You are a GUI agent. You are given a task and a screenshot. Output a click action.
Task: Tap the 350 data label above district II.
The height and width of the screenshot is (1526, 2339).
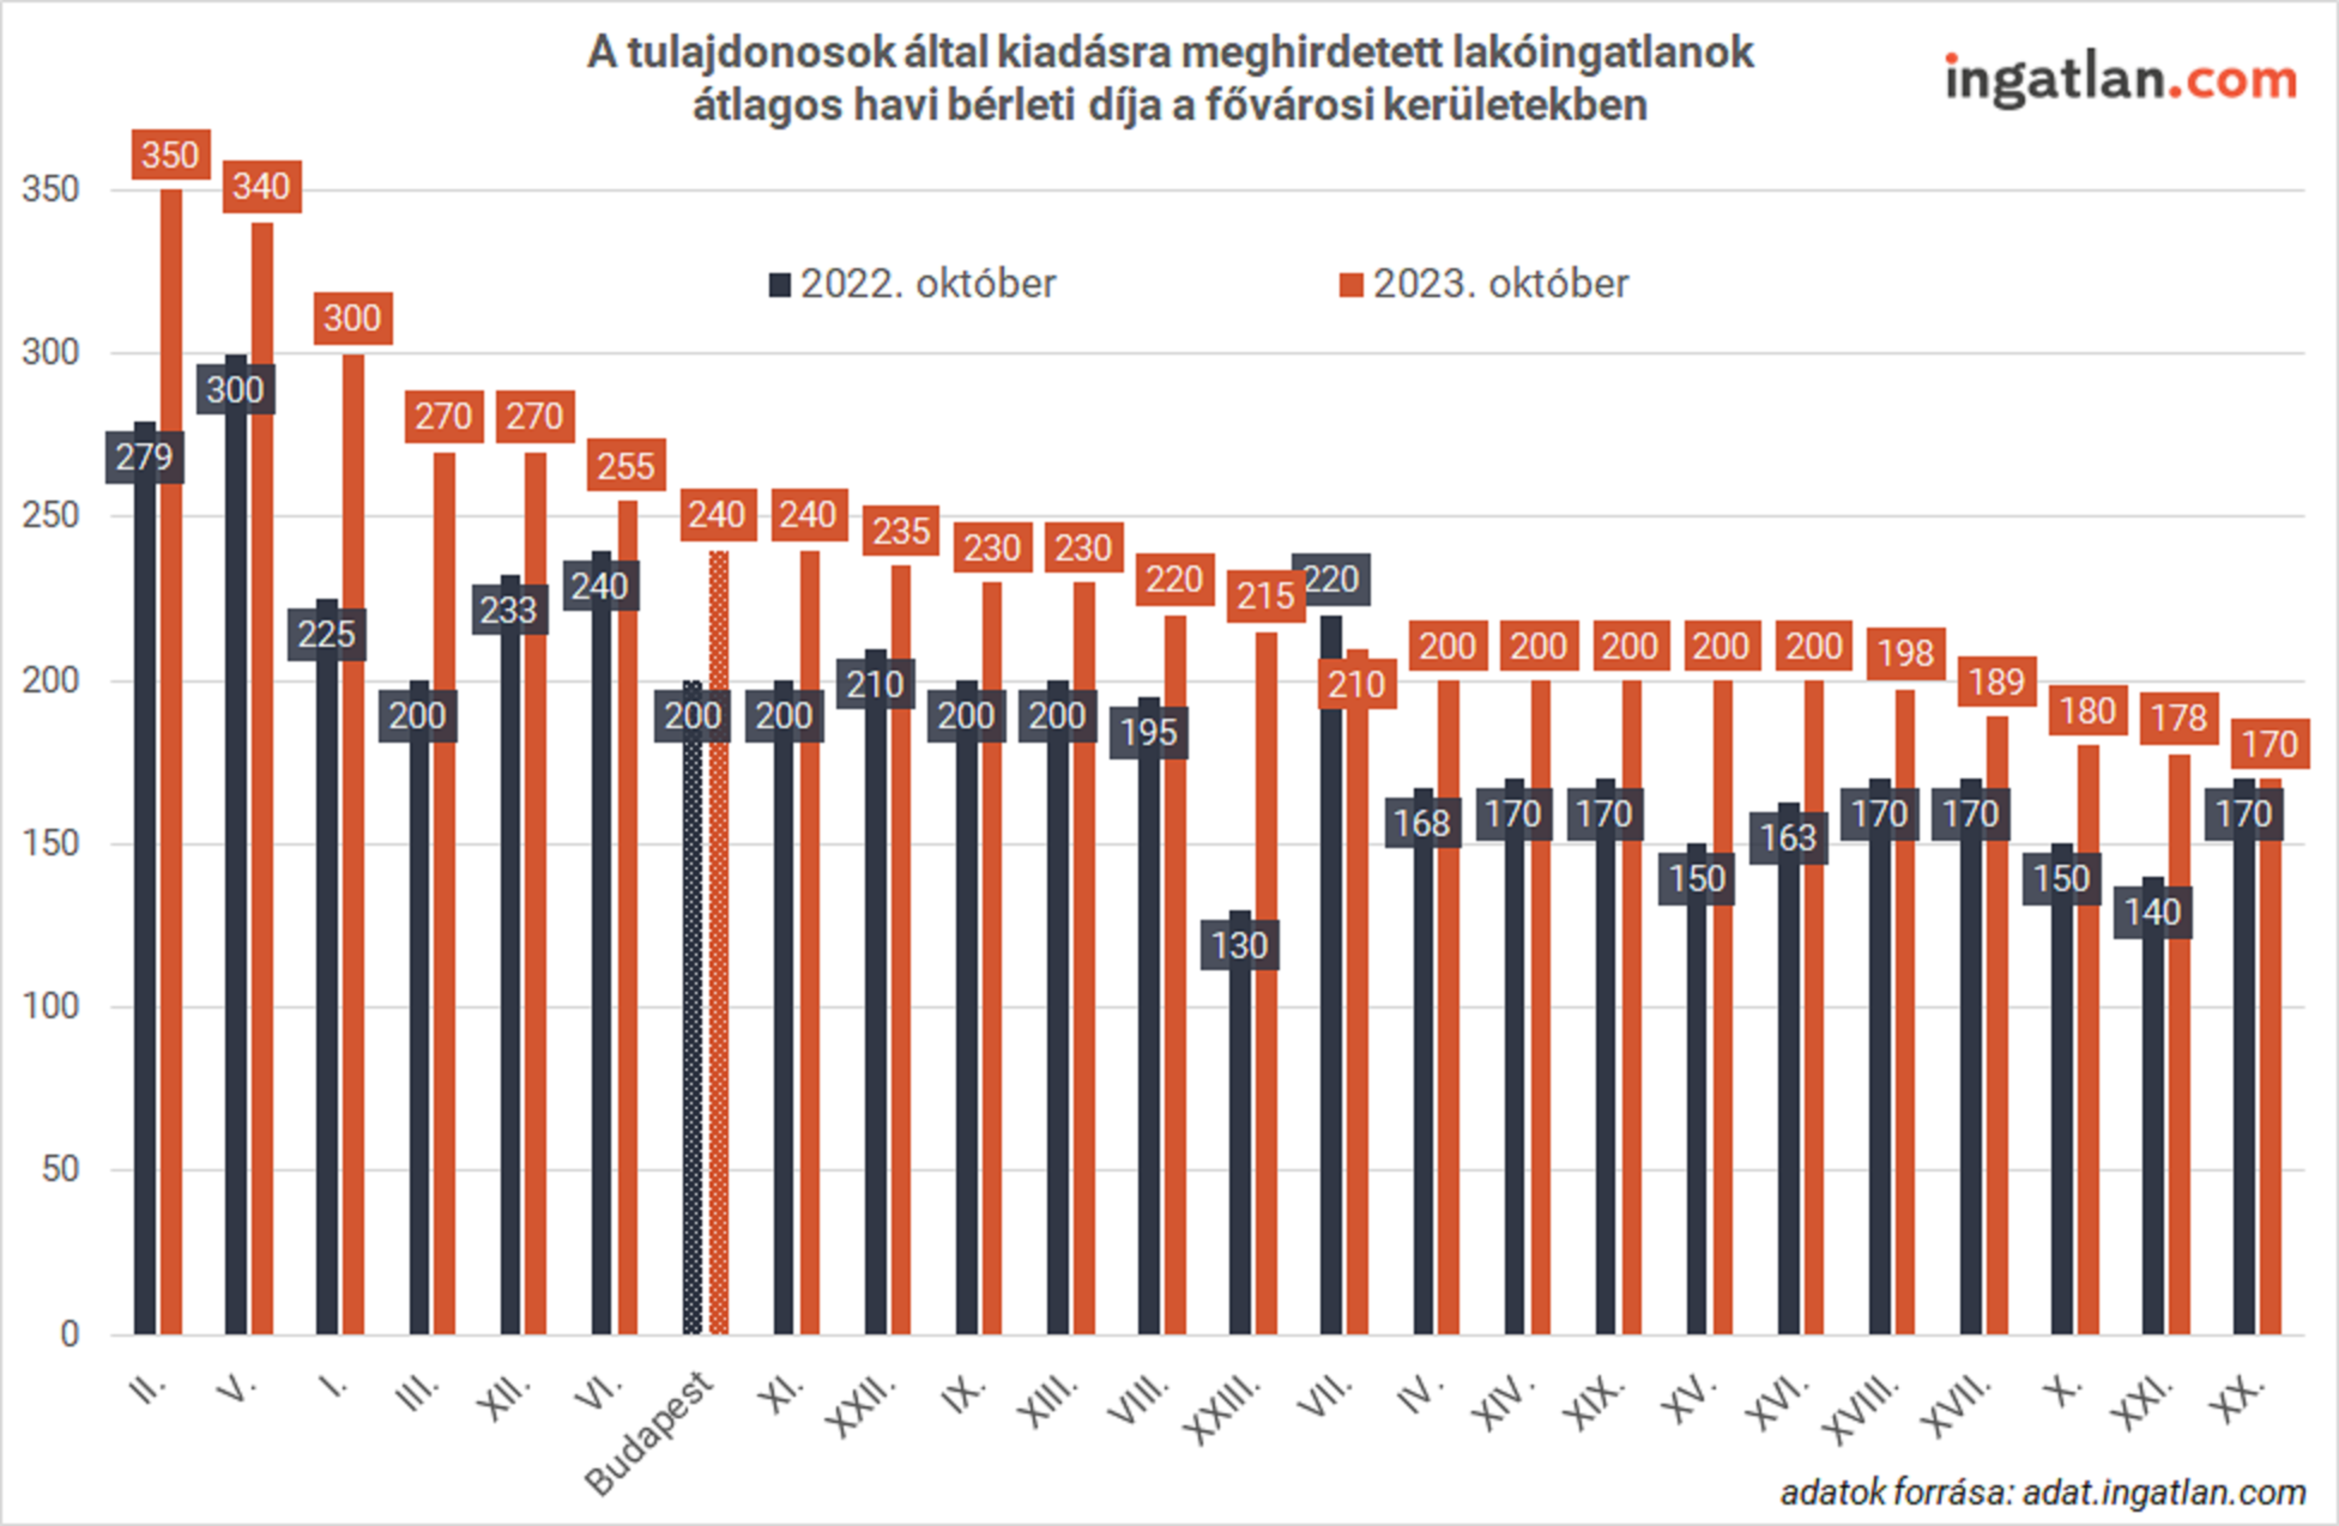171,155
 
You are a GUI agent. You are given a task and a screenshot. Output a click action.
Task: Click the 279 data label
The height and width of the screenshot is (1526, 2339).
144,457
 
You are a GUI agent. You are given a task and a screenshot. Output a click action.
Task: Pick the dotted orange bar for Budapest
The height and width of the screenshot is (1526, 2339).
718,943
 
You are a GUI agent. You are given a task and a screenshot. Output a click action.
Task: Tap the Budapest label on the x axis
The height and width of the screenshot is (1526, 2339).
649,1434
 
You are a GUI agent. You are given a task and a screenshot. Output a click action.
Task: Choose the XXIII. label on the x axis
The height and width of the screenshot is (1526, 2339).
1223,1410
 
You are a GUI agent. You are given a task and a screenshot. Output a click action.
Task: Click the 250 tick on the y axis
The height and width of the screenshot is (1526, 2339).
50,516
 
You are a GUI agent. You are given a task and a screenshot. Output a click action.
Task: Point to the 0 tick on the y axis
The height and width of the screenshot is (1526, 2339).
69,1333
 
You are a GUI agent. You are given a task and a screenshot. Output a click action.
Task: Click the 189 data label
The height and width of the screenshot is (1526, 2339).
1997,682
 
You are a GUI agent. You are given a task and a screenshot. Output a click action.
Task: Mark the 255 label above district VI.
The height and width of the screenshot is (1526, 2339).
626,466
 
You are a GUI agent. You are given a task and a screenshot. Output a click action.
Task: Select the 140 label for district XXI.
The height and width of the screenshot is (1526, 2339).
2152,912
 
